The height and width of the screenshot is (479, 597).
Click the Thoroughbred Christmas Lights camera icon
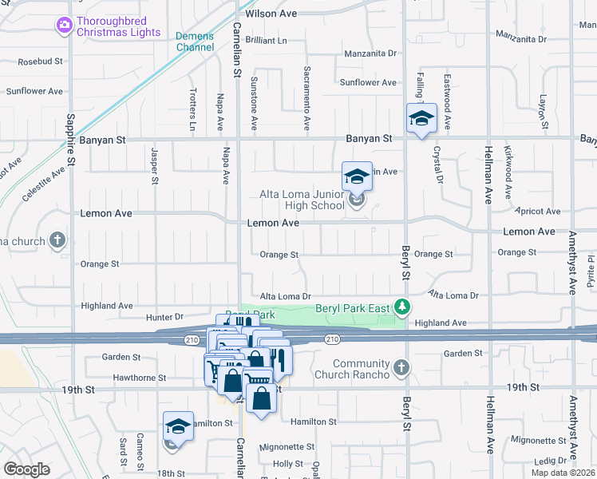[64, 26]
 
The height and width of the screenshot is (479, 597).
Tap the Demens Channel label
[195, 42]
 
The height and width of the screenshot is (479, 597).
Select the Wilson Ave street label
[271, 14]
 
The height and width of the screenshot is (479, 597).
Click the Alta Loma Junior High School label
[302, 200]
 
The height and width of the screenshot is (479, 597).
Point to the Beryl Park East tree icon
[404, 307]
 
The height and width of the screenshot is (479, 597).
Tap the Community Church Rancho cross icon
[401, 367]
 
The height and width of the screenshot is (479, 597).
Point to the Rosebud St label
[40, 61]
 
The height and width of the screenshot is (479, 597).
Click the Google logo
[26, 469]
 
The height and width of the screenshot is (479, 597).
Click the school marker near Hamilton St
[178, 426]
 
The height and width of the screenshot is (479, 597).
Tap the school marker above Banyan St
[421, 119]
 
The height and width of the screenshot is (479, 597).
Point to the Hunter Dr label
[164, 317]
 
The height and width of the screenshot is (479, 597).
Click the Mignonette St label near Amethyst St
[538, 440]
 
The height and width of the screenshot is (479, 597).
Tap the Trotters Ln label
[192, 109]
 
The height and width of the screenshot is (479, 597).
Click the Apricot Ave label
[540, 212]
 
